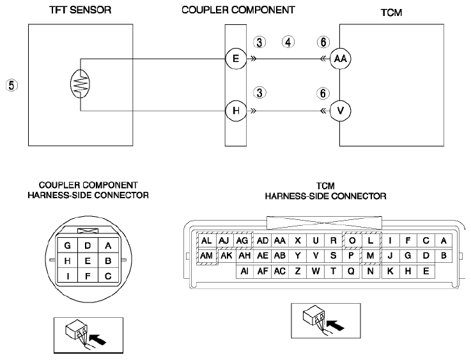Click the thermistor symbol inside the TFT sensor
80,84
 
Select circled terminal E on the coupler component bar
236,58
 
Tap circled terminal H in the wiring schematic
236,111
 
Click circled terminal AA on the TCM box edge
341,59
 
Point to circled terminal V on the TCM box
341,111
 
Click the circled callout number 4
288,42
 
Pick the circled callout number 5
12,85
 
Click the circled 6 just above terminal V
323,93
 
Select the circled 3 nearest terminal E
259,42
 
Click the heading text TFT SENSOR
81,10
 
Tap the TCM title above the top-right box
391,13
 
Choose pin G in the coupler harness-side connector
67,246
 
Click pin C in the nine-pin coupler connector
108,276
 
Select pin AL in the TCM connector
206,240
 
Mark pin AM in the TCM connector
206,256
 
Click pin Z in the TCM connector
298,271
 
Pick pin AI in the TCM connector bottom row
245,271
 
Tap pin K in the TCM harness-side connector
390,271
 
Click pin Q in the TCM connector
351,271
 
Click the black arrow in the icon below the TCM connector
336,325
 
